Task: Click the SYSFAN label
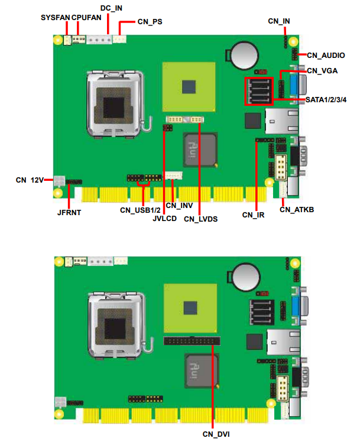(x=55, y=18)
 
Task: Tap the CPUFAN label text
(x=86, y=18)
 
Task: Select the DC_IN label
(x=111, y=8)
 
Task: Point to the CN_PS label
(x=150, y=22)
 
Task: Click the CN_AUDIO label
(x=326, y=56)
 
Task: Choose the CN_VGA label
(x=322, y=70)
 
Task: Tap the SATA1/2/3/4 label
(x=326, y=100)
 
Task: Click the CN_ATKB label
(x=297, y=210)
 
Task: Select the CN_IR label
(x=253, y=215)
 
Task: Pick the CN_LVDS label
(x=200, y=219)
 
